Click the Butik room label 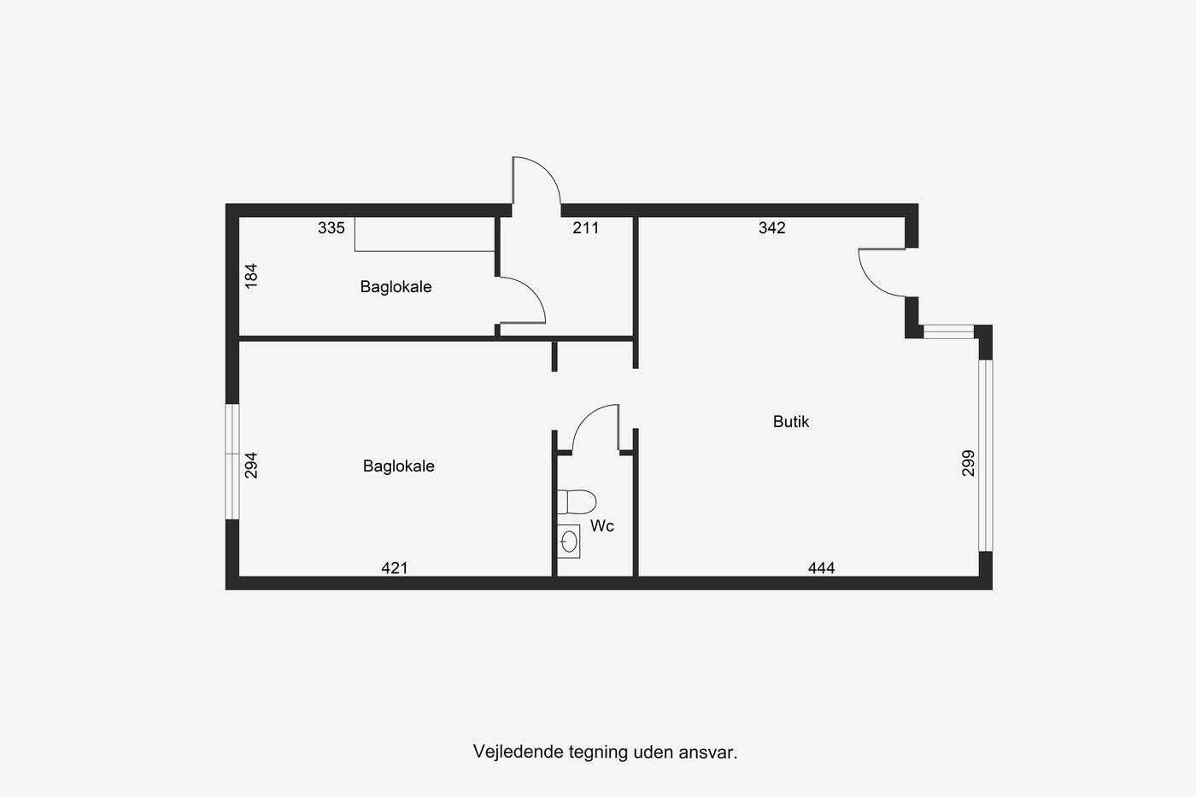(791, 422)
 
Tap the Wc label (601, 526)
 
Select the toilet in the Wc (577, 501)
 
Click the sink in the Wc (569, 542)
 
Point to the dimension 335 (331, 228)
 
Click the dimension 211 (586, 228)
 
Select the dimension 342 (772, 228)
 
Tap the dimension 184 (251, 276)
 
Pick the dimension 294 (251, 465)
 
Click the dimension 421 (395, 568)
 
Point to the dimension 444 (821, 568)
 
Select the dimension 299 (968, 463)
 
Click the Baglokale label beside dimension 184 (396, 287)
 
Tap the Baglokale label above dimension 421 (398, 466)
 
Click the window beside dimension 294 (232, 462)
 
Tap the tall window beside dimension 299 (986, 455)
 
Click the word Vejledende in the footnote (519, 753)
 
